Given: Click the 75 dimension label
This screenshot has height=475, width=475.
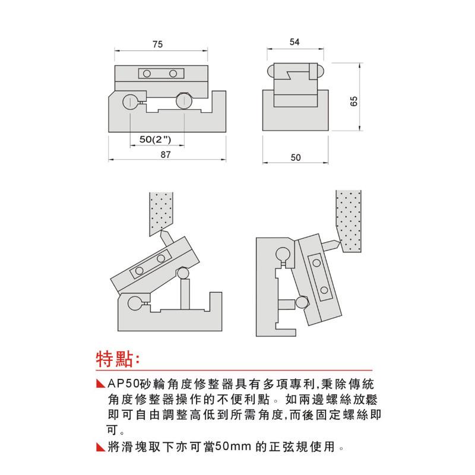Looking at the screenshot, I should tap(157, 44).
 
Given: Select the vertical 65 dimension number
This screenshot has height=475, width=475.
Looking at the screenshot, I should tap(354, 102).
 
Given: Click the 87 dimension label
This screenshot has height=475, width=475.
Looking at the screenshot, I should tap(166, 155).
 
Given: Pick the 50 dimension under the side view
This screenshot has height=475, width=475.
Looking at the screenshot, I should tap(297, 157).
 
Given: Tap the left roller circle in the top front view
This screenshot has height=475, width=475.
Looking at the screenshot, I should tap(130, 102).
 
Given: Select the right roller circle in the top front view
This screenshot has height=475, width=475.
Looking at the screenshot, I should tap(183, 102).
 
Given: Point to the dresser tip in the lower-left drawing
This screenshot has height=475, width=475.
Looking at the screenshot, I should tap(166, 236).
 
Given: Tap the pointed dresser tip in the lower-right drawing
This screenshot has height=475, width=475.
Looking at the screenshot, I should tap(334, 243).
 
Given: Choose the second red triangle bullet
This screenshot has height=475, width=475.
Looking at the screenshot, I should tap(99, 445).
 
